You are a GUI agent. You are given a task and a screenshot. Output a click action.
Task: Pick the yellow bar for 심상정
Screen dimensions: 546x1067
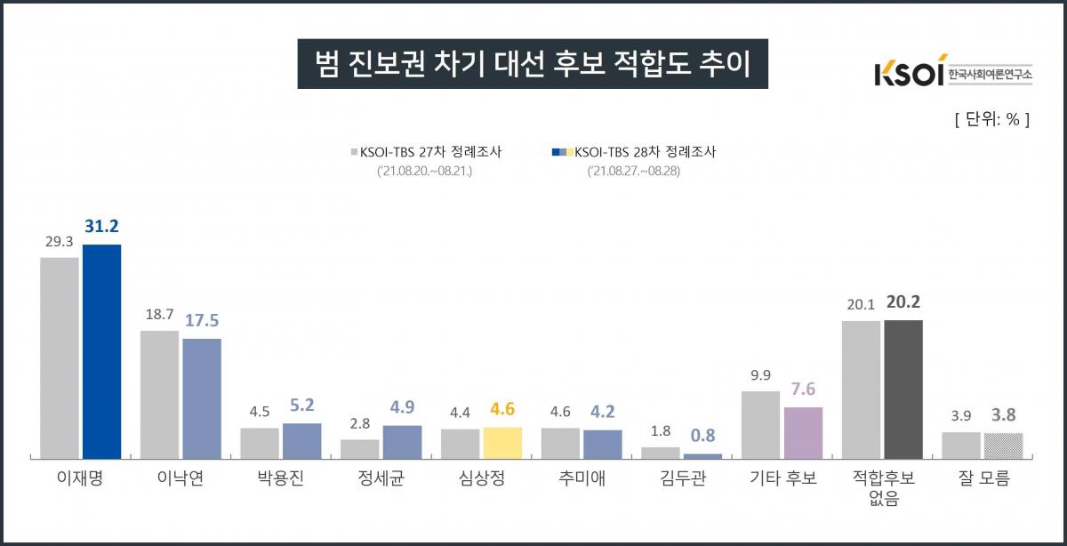(502, 442)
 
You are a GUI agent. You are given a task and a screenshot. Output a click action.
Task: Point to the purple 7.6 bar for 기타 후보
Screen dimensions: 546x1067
(803, 432)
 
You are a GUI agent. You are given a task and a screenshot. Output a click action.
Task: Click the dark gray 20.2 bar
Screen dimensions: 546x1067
(903, 389)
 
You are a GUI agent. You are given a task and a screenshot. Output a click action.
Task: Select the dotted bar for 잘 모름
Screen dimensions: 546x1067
(1003, 445)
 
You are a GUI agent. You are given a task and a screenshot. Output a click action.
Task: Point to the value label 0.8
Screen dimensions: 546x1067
(703, 437)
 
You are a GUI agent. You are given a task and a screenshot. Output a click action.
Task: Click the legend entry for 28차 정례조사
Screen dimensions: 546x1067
(633, 152)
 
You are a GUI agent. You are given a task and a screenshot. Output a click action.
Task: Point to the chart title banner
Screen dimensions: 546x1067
(532, 63)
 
